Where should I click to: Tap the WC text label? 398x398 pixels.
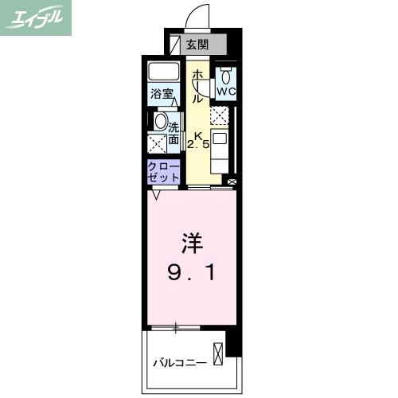point(226,92)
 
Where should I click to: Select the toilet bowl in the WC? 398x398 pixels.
point(226,76)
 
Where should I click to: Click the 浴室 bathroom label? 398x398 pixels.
point(163,94)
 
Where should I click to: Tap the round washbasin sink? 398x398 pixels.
point(160,123)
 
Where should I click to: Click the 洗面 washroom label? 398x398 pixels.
point(173,131)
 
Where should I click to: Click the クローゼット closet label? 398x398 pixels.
point(163,170)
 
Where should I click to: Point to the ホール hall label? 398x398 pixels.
point(197,86)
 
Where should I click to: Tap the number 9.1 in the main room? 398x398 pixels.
point(191,275)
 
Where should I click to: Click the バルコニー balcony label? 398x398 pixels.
point(180,364)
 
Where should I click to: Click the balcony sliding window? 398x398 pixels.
point(176,326)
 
